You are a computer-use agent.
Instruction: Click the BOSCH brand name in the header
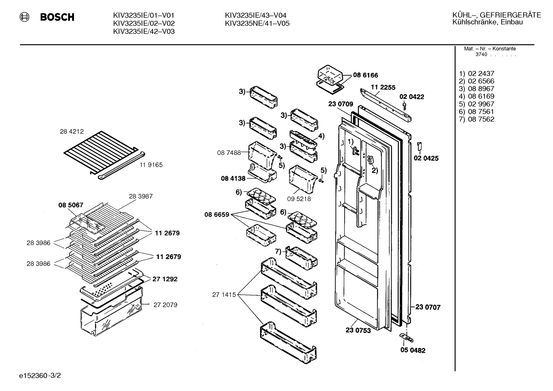click(57, 17)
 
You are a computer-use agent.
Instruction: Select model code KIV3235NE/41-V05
click(257, 23)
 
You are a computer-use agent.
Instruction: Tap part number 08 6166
click(365, 75)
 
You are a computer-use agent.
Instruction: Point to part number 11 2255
click(383, 87)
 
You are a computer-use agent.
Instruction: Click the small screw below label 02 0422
click(404, 106)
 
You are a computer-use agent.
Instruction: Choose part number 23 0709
click(341, 104)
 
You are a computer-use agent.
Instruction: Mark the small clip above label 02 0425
click(419, 146)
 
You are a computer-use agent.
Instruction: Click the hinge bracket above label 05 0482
click(406, 338)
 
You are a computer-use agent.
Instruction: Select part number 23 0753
click(358, 330)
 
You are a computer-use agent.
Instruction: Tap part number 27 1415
click(224, 295)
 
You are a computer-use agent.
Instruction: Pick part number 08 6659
click(217, 214)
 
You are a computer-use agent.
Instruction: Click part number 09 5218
click(299, 199)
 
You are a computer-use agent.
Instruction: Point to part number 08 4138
click(233, 178)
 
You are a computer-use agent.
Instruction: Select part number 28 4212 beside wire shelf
click(72, 131)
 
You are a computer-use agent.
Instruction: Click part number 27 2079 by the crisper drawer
click(165, 305)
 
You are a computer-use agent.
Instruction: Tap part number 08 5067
click(71, 205)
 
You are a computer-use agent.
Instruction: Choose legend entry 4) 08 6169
click(476, 96)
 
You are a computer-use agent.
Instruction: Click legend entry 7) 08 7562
click(476, 119)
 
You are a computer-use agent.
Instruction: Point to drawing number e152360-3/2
click(40, 376)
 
